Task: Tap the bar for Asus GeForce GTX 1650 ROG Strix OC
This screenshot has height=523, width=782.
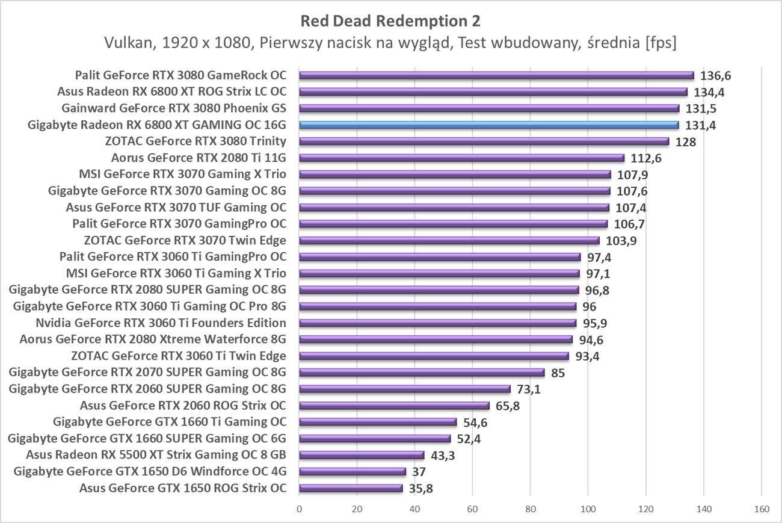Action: point(351,488)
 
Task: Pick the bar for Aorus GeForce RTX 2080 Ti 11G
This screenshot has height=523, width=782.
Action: point(461,158)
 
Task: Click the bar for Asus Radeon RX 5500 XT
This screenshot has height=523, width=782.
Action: point(362,455)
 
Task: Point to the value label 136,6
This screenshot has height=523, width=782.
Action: point(716,76)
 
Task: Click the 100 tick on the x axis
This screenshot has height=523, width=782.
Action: point(588,510)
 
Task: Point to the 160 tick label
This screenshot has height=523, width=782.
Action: point(762,510)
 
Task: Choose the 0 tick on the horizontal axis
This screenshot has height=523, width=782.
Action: point(299,510)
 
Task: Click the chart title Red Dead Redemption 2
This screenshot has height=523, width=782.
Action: point(390,22)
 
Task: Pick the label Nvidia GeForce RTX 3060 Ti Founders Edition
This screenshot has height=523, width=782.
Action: point(161,323)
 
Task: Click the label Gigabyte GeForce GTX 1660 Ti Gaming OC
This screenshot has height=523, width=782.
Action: point(170,422)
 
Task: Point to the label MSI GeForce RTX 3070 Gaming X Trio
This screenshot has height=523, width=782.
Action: point(182,175)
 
